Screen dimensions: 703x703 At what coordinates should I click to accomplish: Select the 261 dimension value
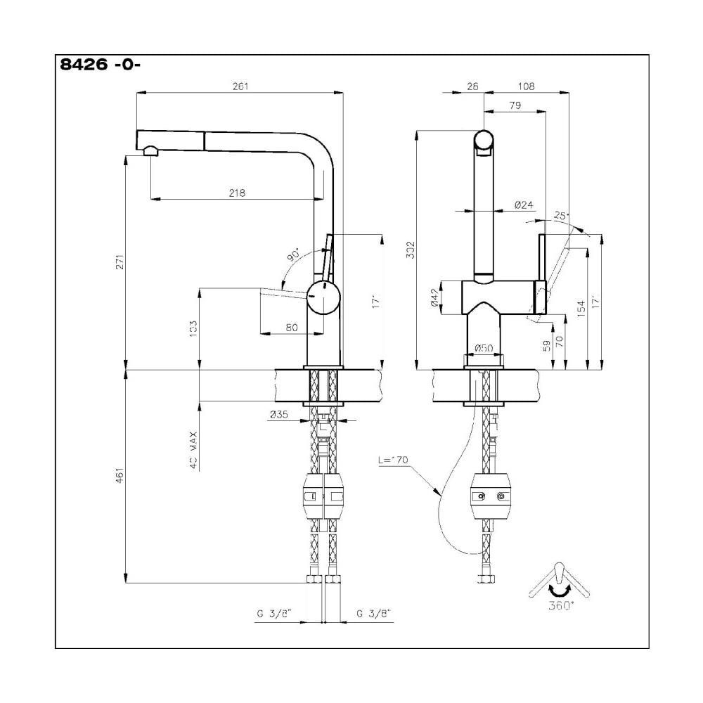(x=240, y=86)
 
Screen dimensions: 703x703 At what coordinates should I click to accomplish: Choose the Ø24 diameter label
(x=524, y=205)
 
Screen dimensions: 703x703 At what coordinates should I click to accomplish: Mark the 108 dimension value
(x=526, y=86)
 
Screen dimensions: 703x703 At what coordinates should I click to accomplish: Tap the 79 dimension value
(x=514, y=105)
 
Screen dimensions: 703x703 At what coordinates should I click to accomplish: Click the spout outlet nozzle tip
(x=149, y=150)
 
